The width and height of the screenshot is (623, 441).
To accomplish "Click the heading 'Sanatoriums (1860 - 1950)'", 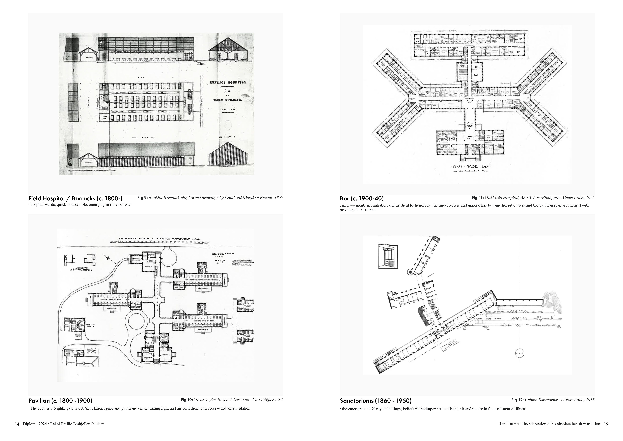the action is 375,401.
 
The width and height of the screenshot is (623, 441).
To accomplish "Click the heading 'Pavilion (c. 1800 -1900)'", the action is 60,401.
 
